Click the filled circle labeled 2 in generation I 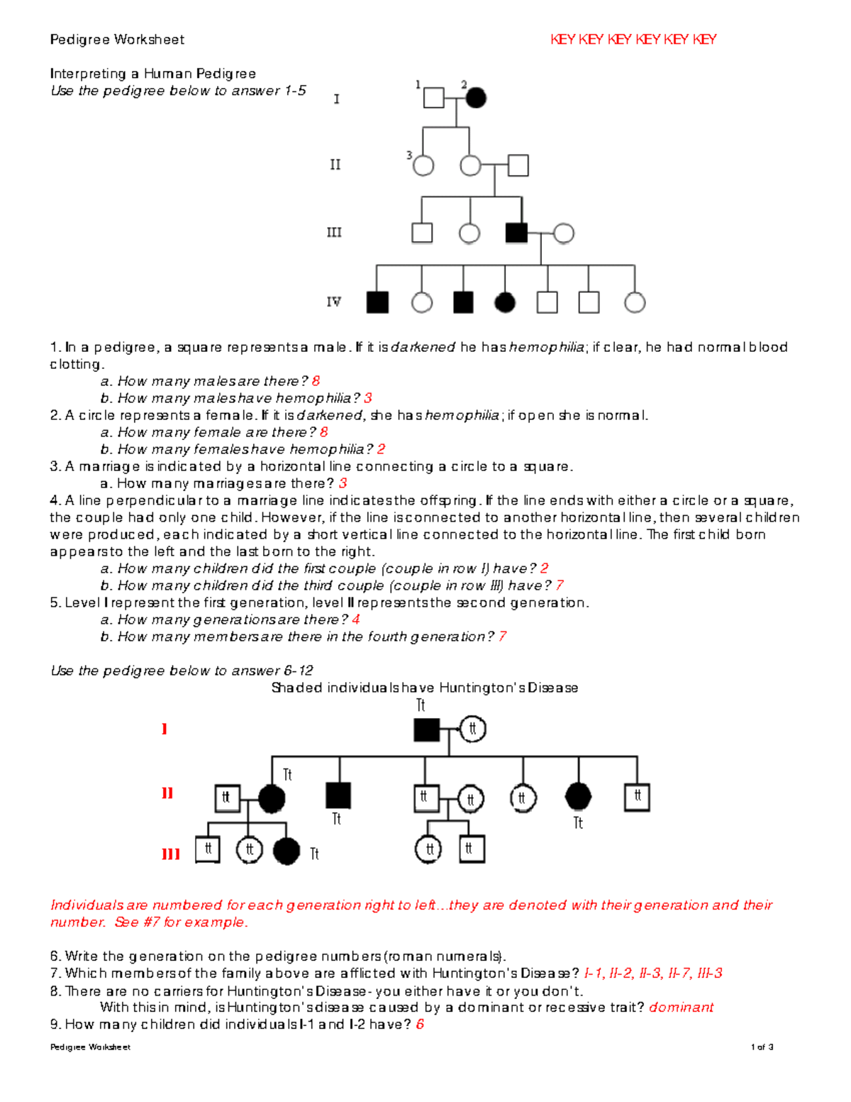point(476,97)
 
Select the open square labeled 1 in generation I point(433,97)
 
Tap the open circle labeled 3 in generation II point(423,166)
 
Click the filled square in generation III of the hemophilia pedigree point(516,233)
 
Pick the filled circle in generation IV point(504,303)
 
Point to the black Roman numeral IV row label point(334,302)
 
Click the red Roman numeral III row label point(170,854)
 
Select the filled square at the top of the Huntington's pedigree point(426,729)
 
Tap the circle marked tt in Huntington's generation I point(473,729)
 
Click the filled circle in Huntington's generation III point(287,851)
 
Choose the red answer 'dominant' point(681,1008)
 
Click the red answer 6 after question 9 point(420,1025)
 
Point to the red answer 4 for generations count point(356,619)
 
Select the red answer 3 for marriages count point(343,483)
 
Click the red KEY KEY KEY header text point(633,40)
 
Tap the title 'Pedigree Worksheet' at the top point(117,40)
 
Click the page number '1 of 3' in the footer point(762,1047)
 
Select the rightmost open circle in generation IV point(635,303)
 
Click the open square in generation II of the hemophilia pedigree point(518,166)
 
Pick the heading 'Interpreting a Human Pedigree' point(153,74)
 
